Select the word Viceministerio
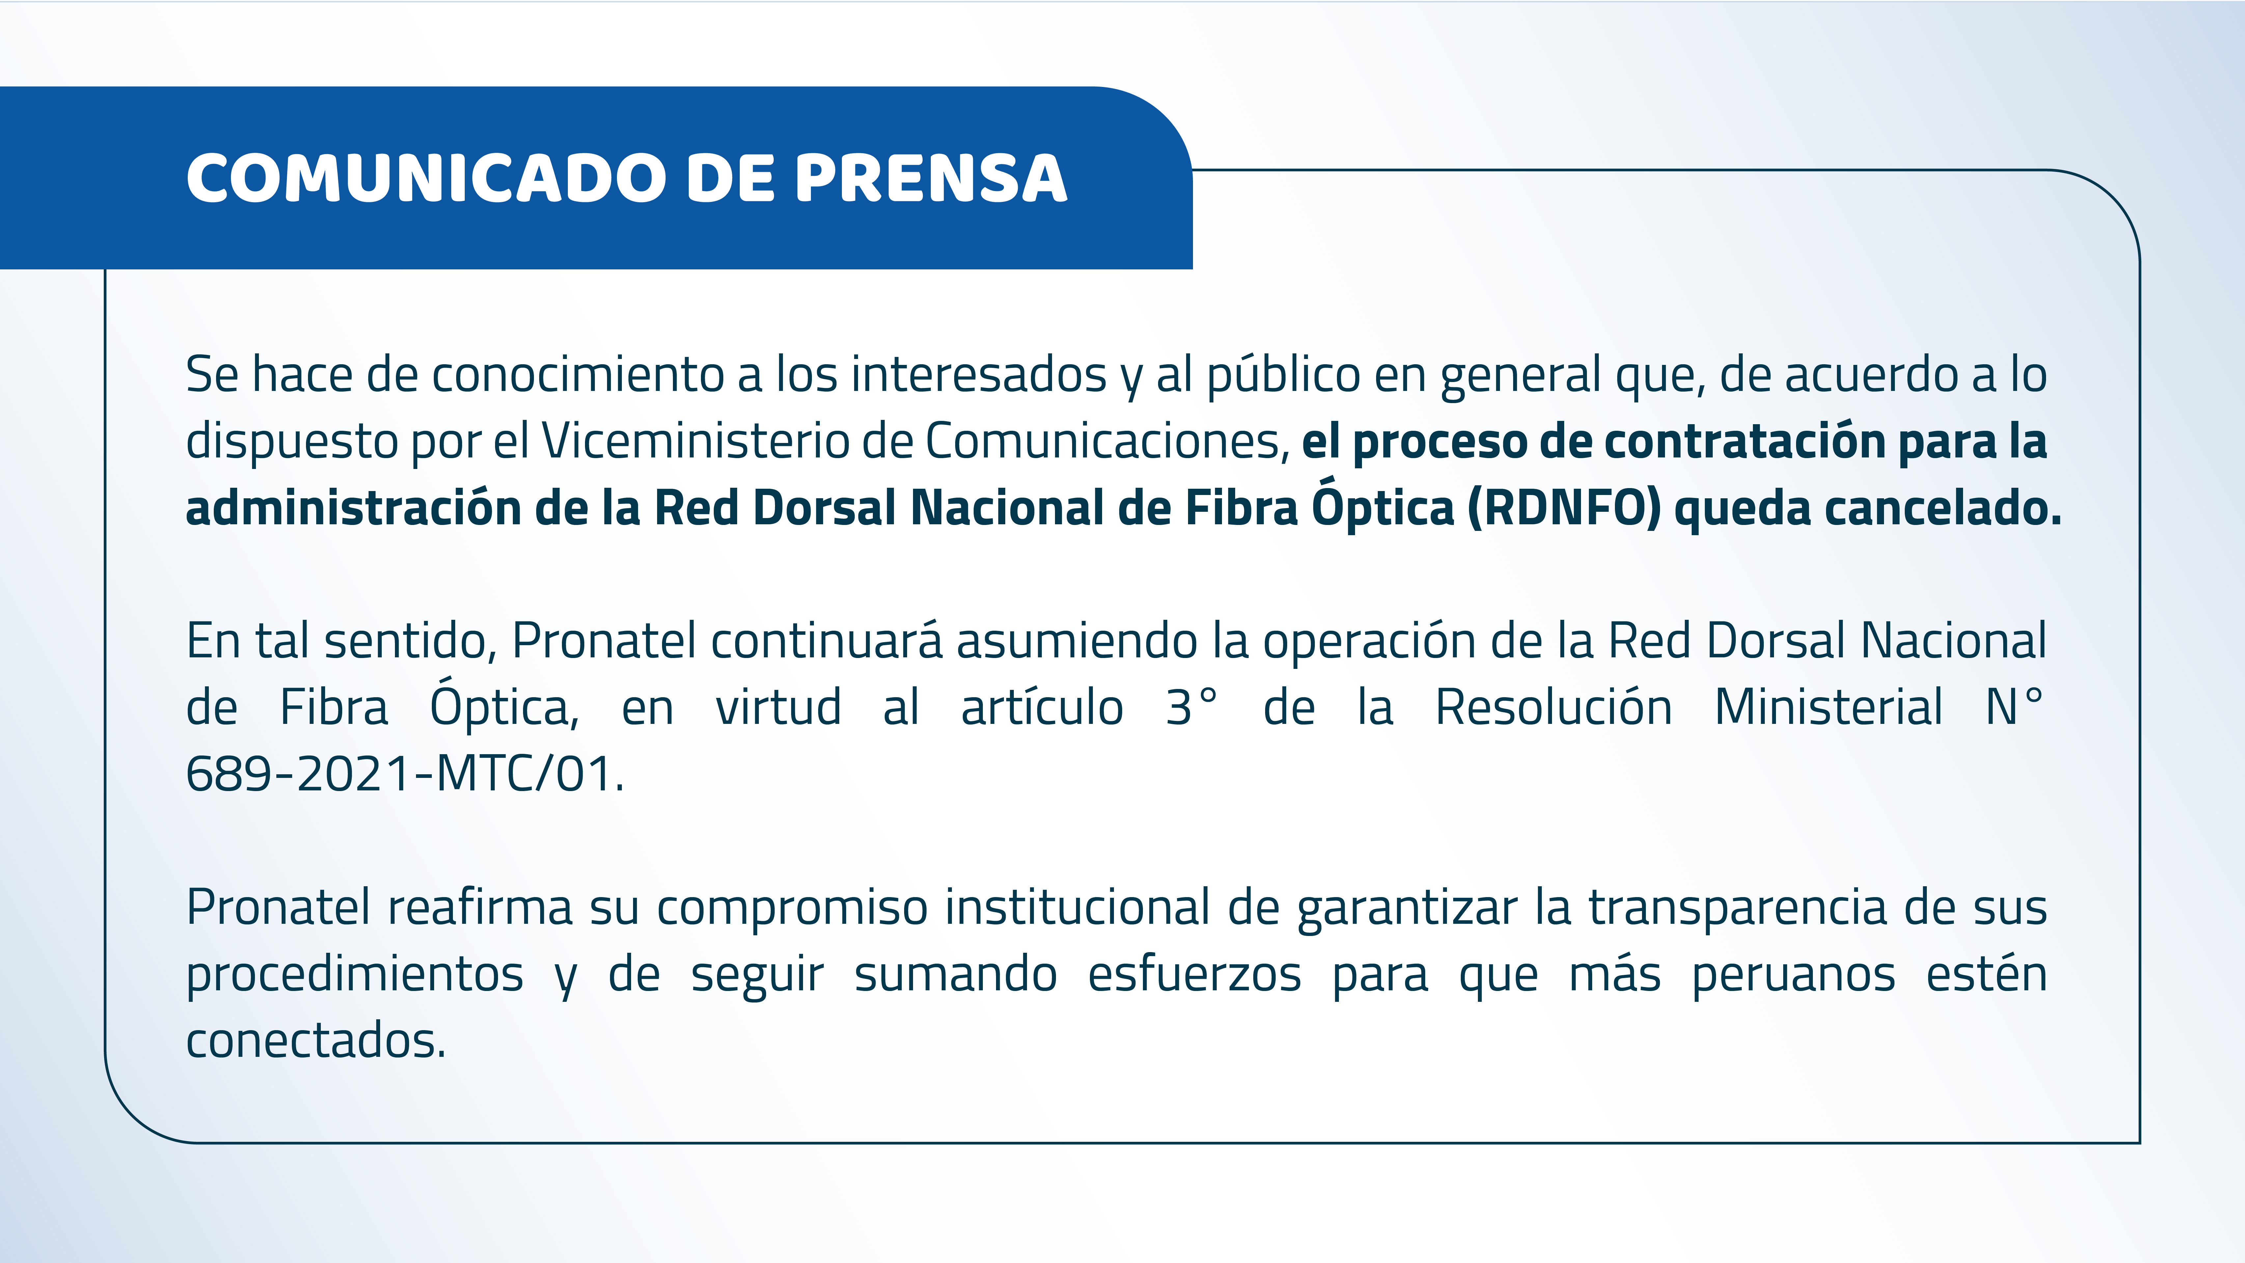click(695, 440)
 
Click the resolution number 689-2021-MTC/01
click(405, 773)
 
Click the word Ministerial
click(1828, 706)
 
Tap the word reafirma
click(479, 907)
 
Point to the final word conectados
click(316, 1040)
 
